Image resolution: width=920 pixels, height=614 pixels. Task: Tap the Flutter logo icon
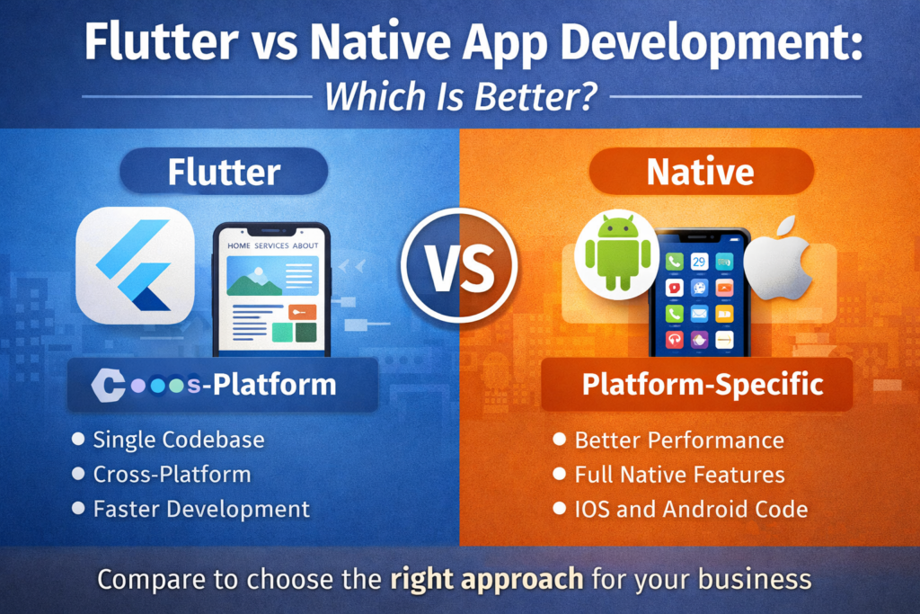tap(135, 265)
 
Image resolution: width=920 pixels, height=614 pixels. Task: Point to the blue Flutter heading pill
tap(224, 172)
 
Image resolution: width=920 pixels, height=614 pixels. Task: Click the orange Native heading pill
tap(700, 172)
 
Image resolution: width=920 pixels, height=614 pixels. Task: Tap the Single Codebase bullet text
tap(179, 440)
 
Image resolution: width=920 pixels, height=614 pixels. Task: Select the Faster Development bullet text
tap(201, 509)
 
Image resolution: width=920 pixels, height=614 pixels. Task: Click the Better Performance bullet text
tap(678, 440)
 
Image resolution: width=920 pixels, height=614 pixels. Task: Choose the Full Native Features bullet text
tap(679, 475)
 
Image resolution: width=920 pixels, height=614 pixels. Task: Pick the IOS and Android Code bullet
tap(690, 509)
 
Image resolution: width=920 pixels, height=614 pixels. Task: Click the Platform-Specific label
tap(702, 384)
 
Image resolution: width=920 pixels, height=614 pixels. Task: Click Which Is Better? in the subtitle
tap(460, 96)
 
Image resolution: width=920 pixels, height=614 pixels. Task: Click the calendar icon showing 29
tap(699, 262)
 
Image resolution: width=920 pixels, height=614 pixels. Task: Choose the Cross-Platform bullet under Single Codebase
tap(172, 475)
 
